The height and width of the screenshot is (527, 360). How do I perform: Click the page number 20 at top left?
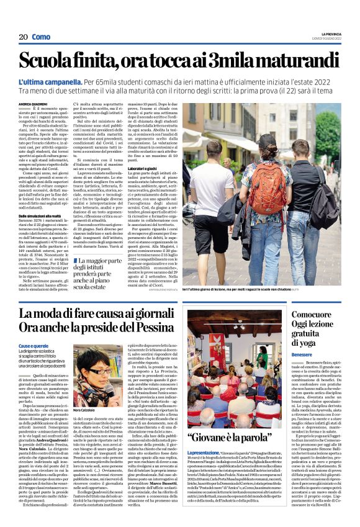(22, 37)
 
